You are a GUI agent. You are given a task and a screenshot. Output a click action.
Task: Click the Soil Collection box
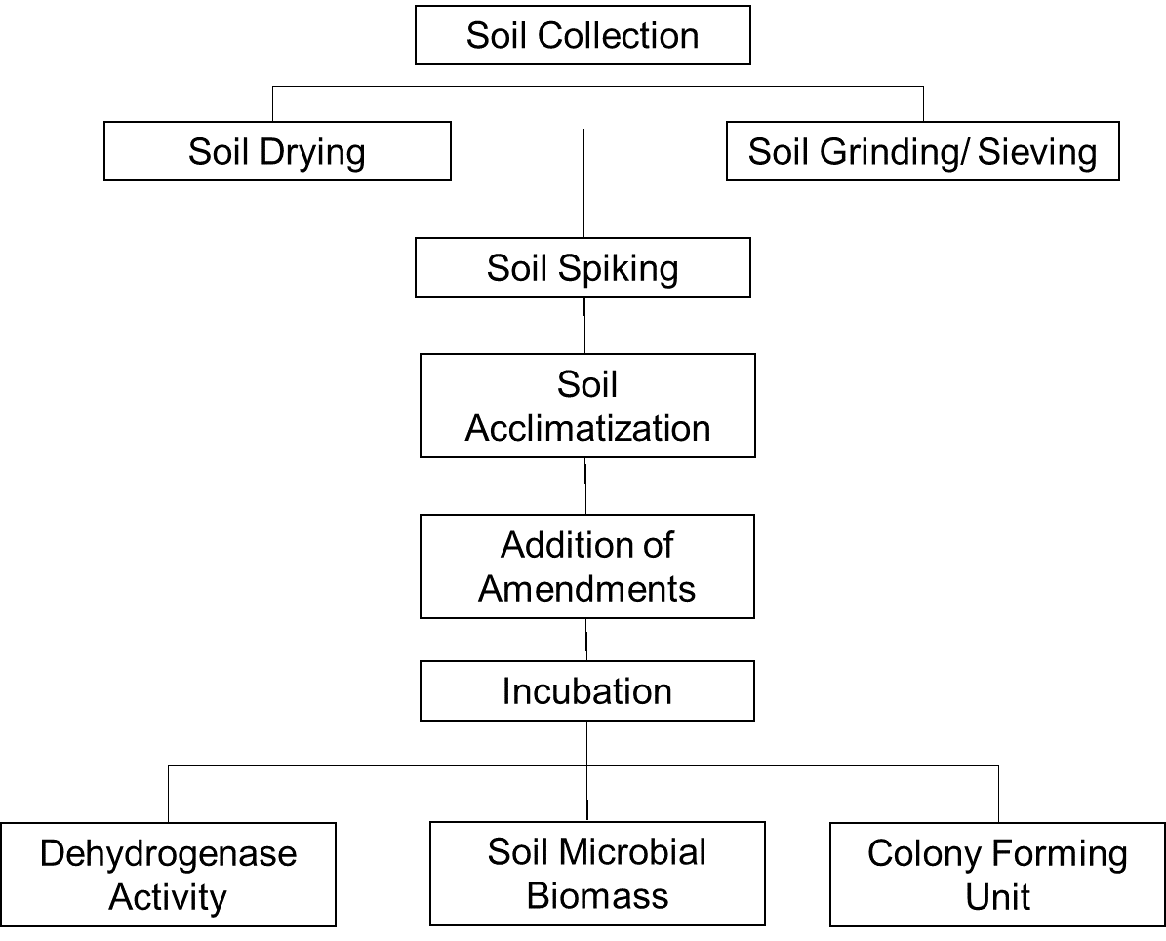click(583, 35)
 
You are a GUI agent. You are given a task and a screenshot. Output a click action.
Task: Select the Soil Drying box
click(277, 151)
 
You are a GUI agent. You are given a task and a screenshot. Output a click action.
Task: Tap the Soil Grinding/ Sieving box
click(922, 151)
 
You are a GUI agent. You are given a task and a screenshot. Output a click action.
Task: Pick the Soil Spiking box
click(583, 268)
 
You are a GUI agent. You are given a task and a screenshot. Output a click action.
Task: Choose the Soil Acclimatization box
click(587, 406)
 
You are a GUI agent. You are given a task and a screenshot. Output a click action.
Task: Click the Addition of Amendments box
click(586, 567)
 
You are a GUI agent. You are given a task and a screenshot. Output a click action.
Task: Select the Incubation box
click(586, 691)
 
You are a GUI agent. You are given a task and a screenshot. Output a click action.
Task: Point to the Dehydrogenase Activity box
click(168, 875)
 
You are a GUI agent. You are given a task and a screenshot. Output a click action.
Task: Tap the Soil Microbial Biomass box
click(597, 874)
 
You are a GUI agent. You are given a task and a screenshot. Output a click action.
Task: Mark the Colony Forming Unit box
click(997, 875)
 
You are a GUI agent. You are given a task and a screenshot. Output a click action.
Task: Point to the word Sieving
click(1037, 152)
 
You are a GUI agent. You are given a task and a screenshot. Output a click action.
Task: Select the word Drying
click(313, 152)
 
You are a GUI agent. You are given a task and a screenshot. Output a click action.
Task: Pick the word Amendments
click(586, 589)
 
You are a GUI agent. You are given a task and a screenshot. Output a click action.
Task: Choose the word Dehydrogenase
click(168, 854)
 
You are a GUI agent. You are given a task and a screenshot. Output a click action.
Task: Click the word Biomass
click(597, 896)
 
